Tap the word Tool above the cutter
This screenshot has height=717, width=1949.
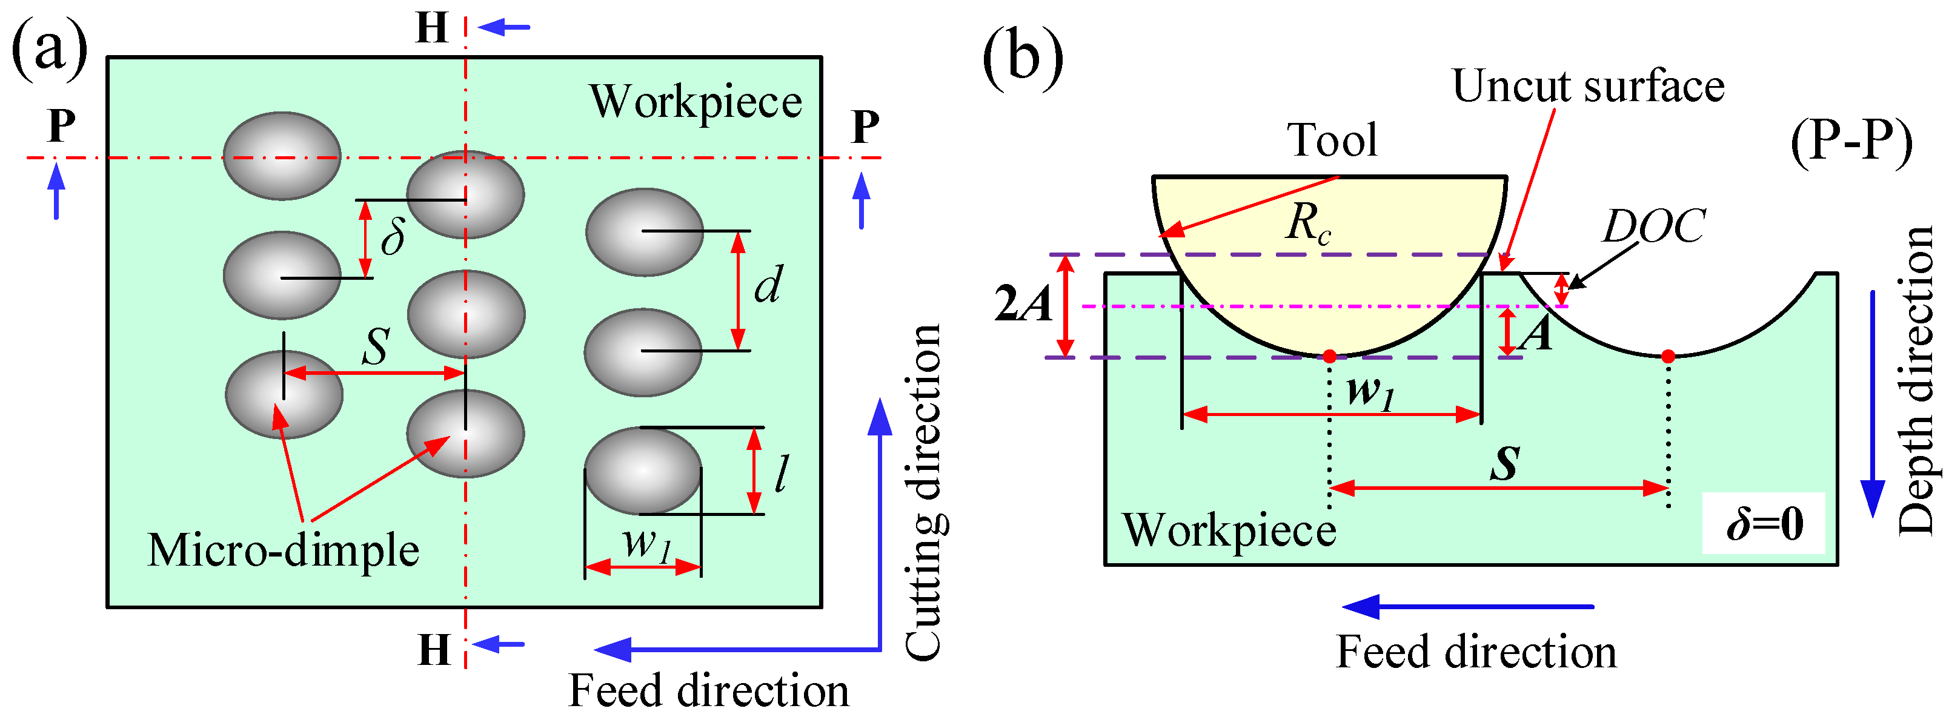pyautogui.click(x=1332, y=140)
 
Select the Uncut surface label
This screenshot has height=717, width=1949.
pyautogui.click(x=1588, y=85)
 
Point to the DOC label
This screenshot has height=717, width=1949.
pyautogui.click(x=1653, y=225)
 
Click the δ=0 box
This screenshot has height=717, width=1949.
pyautogui.click(x=1764, y=523)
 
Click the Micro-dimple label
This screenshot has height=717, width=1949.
pyautogui.click(x=283, y=550)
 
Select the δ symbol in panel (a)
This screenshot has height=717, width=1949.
pyautogui.click(x=393, y=236)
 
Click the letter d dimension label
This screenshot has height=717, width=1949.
pyautogui.click(x=768, y=286)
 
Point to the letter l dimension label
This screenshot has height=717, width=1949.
pyautogui.click(x=782, y=475)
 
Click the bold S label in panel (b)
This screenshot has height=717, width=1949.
pyautogui.click(x=1505, y=464)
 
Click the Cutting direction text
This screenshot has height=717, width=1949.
pyautogui.click(x=924, y=492)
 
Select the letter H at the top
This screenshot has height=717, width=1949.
pyautogui.click(x=432, y=28)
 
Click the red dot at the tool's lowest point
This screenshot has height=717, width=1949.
pyautogui.click(x=1329, y=356)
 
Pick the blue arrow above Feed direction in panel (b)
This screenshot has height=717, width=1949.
pyautogui.click(x=1468, y=607)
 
